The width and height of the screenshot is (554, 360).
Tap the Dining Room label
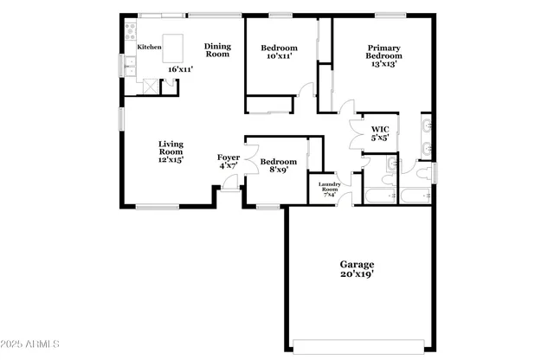point(217,50)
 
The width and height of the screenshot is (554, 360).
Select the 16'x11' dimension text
point(180,68)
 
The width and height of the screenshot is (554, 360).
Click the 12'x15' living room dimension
point(171,160)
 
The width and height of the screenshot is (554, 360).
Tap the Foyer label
point(229,157)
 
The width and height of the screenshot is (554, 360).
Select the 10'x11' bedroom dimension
point(279,55)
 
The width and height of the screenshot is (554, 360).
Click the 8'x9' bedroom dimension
point(279,170)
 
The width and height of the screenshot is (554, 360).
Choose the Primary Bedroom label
point(383,53)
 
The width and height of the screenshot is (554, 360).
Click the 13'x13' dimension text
point(383,63)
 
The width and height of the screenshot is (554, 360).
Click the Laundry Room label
point(329,187)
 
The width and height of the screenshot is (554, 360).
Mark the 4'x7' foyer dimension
point(229,166)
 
